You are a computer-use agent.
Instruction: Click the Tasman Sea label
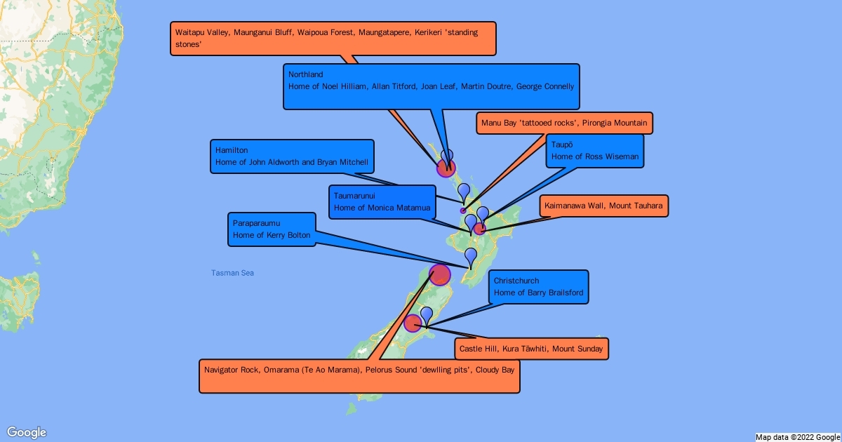[232, 273]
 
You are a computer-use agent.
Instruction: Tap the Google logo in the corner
[27, 432]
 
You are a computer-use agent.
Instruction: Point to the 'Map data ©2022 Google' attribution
[798, 437]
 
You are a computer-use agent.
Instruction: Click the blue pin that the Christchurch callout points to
[427, 315]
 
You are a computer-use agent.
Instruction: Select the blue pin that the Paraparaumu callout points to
[471, 256]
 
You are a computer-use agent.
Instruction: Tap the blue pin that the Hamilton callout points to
[464, 191]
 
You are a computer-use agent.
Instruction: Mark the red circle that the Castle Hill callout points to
[413, 323]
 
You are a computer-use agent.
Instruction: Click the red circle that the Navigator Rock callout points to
[440, 274]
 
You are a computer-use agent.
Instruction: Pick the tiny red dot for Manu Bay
[462, 210]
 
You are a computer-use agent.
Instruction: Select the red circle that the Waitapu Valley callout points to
[446, 168]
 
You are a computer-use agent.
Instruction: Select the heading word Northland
[307, 74]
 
